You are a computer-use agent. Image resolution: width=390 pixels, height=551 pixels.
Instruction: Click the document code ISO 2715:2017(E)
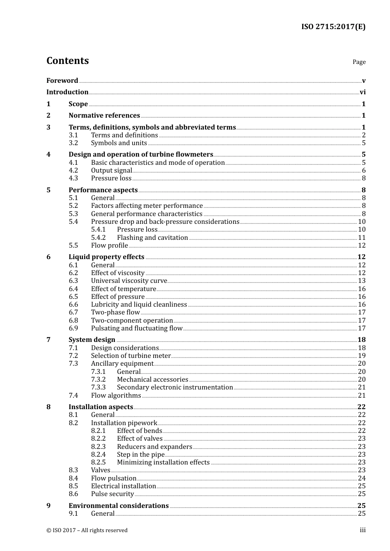(333, 27)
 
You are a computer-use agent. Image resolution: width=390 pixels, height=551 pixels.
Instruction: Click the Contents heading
(67, 61)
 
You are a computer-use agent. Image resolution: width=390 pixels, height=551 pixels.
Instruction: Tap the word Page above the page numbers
(359, 62)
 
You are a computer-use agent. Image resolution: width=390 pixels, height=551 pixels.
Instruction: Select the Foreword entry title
(62, 80)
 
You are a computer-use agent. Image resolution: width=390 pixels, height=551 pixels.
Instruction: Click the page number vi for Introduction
(362, 92)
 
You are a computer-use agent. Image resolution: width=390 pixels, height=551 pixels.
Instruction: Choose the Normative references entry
(104, 116)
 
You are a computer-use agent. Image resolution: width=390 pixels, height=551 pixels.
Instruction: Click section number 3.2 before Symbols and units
(73, 143)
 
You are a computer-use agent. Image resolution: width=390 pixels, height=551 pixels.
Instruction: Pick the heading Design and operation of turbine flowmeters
(141, 155)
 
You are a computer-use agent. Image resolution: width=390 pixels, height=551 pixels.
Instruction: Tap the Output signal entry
(111, 171)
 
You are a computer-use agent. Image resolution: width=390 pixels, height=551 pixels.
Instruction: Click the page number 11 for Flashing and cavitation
(362, 238)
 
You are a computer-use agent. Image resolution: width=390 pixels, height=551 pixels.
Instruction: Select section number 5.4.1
(98, 230)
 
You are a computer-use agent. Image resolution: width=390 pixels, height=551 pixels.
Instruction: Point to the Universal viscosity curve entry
(129, 281)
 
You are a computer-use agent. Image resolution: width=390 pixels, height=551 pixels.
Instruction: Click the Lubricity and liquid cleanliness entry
(139, 305)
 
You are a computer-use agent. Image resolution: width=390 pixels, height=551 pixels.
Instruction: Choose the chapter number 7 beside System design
(48, 340)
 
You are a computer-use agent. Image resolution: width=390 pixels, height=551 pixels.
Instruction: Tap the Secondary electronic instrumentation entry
(175, 387)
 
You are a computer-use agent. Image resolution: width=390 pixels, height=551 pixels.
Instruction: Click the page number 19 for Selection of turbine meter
(362, 356)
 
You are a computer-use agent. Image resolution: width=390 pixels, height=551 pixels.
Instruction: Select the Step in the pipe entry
(140, 455)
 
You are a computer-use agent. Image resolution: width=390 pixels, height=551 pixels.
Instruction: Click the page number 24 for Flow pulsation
(362, 478)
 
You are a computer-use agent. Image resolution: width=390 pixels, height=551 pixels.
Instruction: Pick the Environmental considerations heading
(119, 506)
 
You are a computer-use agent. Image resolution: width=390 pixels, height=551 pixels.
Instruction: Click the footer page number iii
(362, 530)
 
